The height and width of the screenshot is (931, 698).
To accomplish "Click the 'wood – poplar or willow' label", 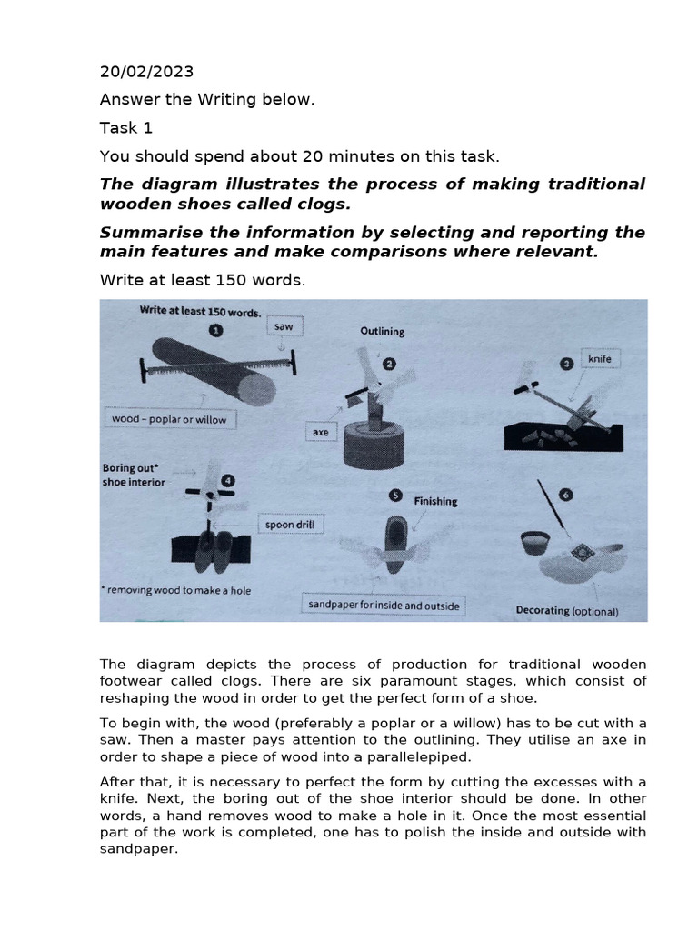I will click(x=168, y=419).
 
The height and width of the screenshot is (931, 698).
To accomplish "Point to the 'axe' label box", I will click(x=321, y=432).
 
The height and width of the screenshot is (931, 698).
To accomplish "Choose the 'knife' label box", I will click(x=600, y=359).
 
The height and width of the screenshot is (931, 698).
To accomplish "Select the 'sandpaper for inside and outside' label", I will click(x=382, y=606).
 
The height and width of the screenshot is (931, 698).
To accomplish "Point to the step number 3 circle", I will click(x=567, y=363).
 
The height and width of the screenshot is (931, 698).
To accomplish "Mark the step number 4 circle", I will click(x=227, y=479).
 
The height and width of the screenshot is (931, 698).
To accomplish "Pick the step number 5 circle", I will click(x=394, y=496).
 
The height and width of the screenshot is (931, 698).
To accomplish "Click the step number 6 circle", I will click(x=566, y=495).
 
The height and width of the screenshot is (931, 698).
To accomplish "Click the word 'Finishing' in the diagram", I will click(x=435, y=501).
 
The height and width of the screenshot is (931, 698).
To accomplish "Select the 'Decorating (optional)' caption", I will click(x=566, y=611).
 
